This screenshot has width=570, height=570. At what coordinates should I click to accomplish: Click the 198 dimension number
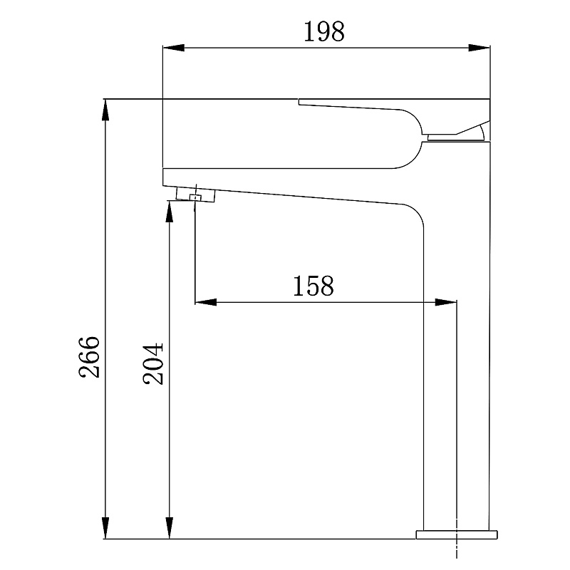tap(324, 31)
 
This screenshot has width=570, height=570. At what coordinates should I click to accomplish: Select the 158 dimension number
tap(313, 286)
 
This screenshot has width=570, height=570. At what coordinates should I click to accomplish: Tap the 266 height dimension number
tap(89, 358)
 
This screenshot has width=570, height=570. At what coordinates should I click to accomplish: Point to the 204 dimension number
tap(153, 364)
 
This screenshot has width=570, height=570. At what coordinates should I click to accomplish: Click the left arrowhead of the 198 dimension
tap(174, 48)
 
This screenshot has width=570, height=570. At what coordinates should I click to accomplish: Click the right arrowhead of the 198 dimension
tap(479, 48)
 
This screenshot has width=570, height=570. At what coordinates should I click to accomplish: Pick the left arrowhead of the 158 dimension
tap(206, 301)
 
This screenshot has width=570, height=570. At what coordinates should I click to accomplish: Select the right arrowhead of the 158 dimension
tap(446, 301)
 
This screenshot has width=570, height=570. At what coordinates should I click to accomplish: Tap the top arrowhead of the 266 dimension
tap(105, 110)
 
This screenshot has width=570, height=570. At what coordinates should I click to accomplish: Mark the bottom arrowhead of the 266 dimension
tap(105, 528)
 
